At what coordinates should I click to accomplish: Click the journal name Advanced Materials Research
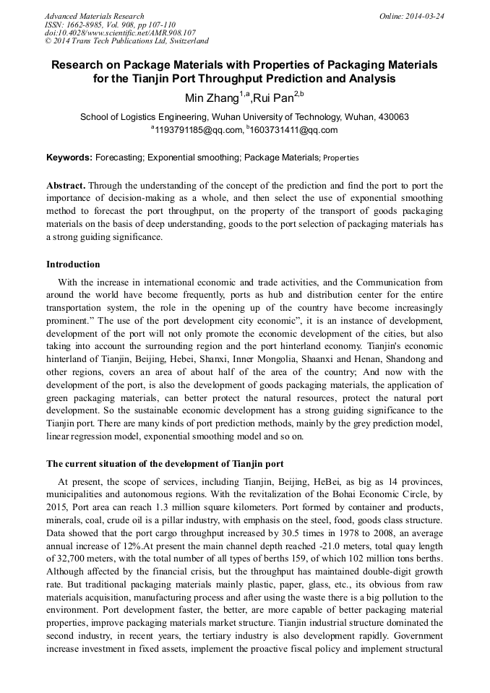[x=94, y=16]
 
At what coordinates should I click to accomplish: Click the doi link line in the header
[x=120, y=33]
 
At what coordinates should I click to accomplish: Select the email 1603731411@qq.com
[x=293, y=130]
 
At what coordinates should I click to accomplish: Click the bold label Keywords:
[x=69, y=157]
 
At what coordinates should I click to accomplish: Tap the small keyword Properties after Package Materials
[x=340, y=158]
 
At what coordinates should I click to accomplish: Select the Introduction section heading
[x=73, y=264]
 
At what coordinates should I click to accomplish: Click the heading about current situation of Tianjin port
[x=165, y=463]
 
